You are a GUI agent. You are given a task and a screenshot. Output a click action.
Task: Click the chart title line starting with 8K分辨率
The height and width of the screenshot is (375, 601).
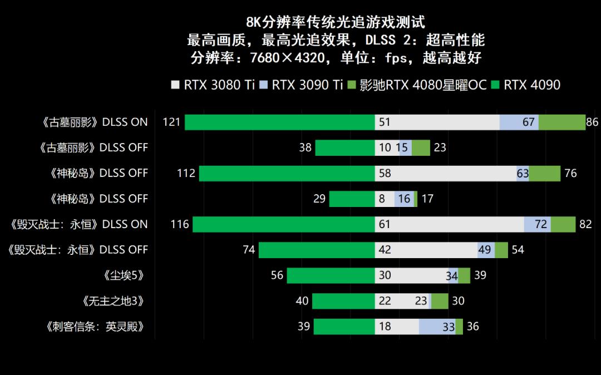coord(336,22)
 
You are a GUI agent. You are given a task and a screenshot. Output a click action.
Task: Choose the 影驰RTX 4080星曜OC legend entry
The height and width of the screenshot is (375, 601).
coord(417,85)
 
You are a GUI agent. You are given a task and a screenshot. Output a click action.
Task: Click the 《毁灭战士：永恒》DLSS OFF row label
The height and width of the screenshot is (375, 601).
coord(78,250)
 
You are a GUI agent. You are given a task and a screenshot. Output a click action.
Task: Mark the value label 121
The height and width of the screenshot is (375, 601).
coord(171,122)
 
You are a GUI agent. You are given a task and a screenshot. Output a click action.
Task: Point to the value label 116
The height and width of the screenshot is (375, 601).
coord(180,224)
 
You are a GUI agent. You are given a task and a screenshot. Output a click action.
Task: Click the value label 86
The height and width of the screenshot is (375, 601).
coord(593,122)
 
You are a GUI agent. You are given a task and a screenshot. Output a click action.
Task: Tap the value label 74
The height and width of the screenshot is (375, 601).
coord(249,250)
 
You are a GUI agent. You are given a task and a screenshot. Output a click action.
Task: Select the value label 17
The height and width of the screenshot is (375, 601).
coord(427,199)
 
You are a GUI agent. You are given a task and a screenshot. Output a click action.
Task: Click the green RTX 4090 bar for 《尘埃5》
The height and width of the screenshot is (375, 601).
coord(331,275)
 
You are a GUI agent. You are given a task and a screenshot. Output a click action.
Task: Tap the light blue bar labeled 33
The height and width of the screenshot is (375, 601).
coord(437,327)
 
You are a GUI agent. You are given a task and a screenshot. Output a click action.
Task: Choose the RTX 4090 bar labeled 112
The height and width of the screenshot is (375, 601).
coord(287,173)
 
